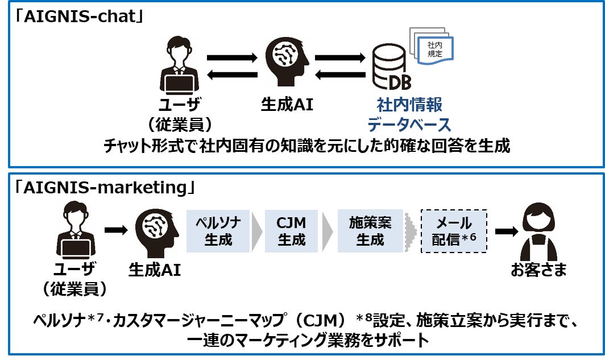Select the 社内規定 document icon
tap(435, 47)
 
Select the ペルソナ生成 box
tap(218, 231)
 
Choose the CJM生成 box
tap(291, 231)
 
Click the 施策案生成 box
tap(370, 231)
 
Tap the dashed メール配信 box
tap(454, 231)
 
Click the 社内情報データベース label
tap(409, 114)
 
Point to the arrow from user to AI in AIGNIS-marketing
tap(117, 230)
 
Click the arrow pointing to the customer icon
tap(506, 231)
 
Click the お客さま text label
tap(538, 270)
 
